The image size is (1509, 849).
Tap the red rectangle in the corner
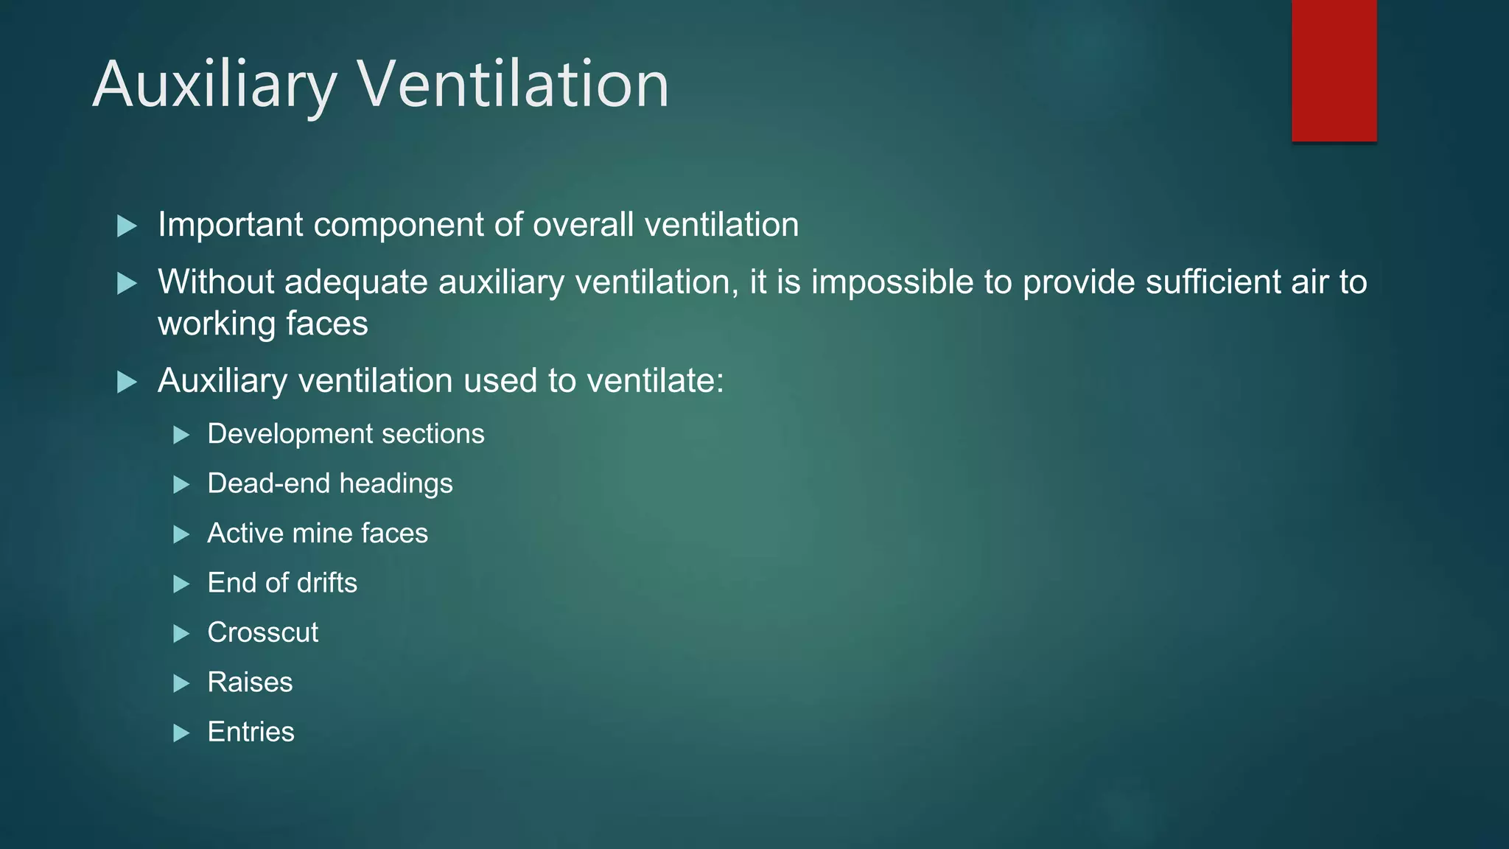coord(1334,70)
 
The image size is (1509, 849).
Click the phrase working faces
coord(263,324)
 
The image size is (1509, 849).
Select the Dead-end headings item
coord(330,483)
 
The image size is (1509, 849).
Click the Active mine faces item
coord(318,534)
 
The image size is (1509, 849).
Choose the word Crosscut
coord(263,632)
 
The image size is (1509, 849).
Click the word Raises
coord(250,682)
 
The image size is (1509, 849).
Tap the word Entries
coord(251,732)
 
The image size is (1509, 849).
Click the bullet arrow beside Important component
coord(127,226)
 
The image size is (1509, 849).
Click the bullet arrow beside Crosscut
coord(181,634)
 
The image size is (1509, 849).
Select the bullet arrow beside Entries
coord(181,733)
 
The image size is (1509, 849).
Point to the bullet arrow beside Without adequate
coord(127,284)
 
